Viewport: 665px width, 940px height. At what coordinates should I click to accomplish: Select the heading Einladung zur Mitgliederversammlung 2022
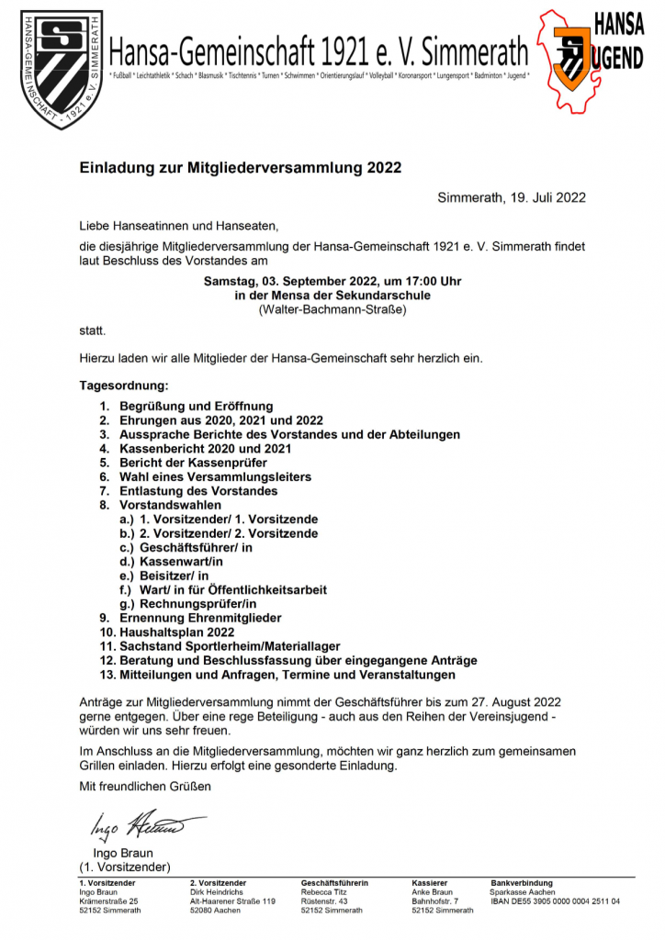point(241,169)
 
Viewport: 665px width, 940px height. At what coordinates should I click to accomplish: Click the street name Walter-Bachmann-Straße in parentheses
point(332,309)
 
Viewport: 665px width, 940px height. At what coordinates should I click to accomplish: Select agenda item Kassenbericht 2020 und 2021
point(206,449)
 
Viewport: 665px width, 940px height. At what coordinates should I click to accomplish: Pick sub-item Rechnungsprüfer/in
point(197,604)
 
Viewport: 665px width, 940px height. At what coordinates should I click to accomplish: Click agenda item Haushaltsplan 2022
point(177,632)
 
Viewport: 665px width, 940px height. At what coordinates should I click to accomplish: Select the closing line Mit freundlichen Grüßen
point(145,787)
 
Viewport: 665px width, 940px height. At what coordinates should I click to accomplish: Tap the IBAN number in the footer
point(555,901)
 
